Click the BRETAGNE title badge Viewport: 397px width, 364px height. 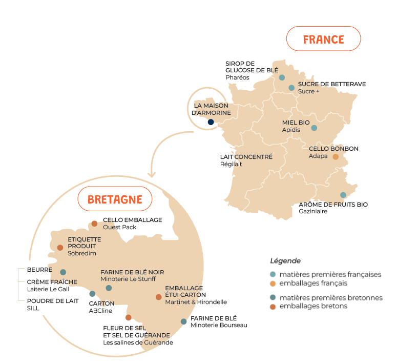tap(115, 199)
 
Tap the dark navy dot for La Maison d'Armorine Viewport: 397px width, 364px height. tap(211, 122)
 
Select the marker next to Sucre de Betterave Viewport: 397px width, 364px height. tap(291, 88)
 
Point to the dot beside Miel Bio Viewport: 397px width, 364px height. tap(314, 128)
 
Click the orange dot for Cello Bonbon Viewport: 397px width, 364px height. tap(336, 157)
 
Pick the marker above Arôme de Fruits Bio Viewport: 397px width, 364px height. tap(343, 195)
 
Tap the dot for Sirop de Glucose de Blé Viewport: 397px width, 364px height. tap(282, 77)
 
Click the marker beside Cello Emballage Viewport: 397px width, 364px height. tap(94, 224)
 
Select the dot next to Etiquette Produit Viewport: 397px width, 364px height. tap(60, 248)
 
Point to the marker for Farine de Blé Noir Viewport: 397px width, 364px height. tap(109, 288)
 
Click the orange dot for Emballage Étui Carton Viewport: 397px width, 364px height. tap(158, 297)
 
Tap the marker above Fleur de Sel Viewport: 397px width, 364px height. tap(129, 317)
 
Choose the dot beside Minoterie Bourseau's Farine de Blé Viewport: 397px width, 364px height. tap(183, 321)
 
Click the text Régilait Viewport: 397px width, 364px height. tap(231, 164)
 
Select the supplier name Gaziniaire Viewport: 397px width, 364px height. tap(312, 211)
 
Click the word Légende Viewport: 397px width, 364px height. tap(285, 261)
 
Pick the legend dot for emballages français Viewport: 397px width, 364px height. tap(273, 283)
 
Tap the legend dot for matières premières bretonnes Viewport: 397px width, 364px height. tap(273, 297)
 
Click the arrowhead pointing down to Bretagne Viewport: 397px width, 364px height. tap(151, 175)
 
